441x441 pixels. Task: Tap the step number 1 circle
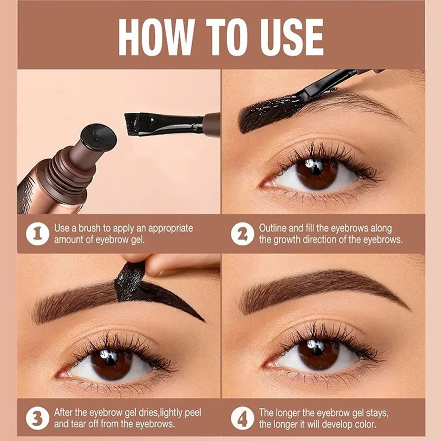[x=37, y=234]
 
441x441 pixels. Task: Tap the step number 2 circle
[x=242, y=234]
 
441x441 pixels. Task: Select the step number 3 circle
[x=37, y=418]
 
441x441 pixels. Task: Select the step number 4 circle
[x=242, y=418]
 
